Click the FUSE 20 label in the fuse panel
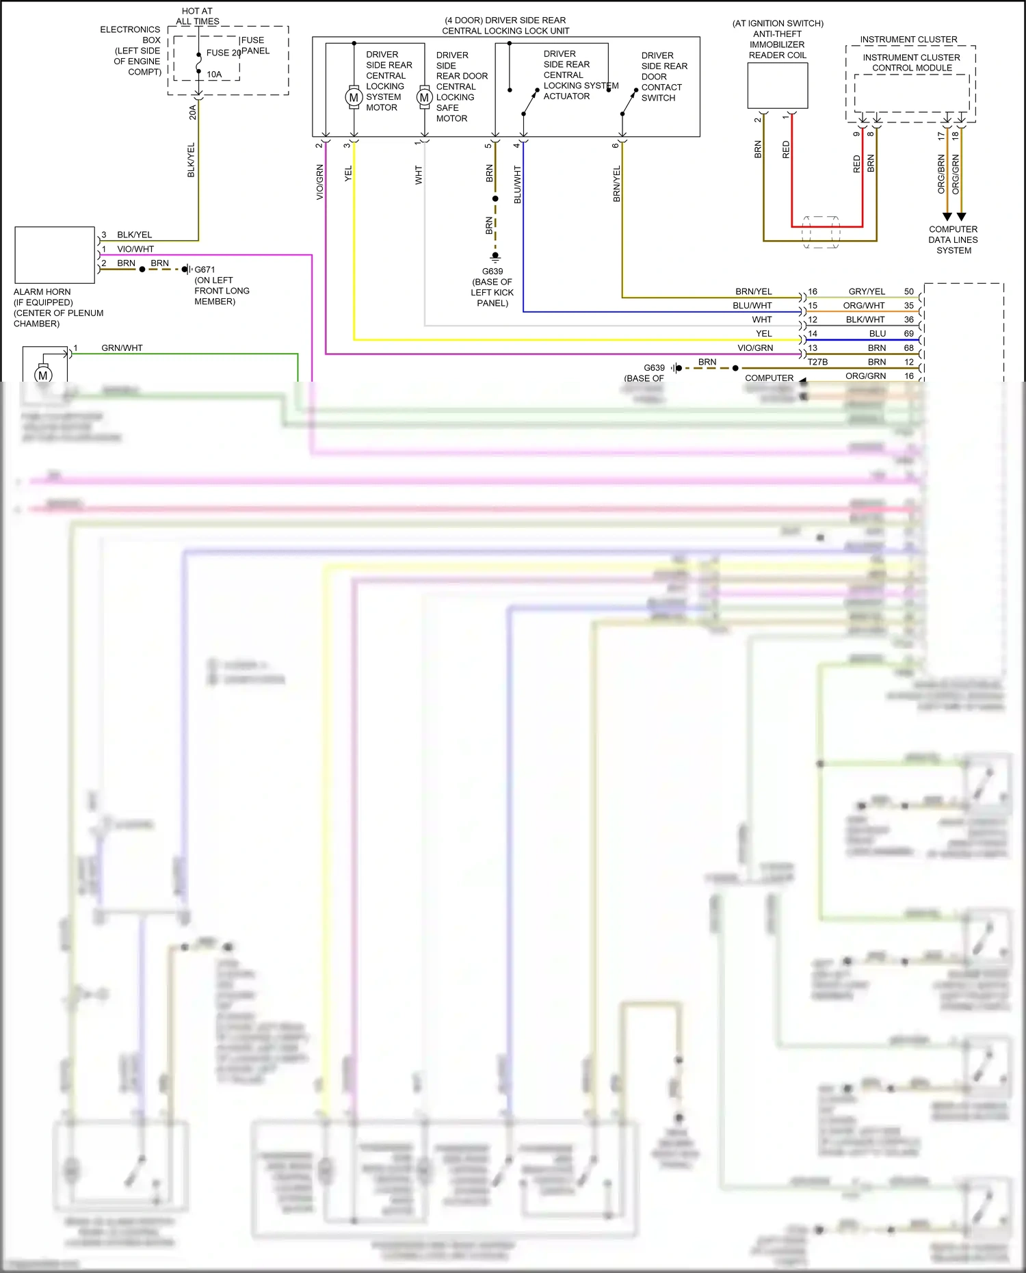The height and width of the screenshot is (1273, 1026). tap(223, 53)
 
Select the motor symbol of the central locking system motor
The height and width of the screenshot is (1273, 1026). tap(354, 97)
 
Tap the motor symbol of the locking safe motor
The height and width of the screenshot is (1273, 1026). tap(425, 97)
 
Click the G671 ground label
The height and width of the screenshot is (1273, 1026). tap(205, 270)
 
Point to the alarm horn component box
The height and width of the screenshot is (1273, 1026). tap(55, 255)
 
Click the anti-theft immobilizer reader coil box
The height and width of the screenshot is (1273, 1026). tap(778, 86)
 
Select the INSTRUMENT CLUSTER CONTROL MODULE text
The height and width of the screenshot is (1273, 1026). tap(911, 63)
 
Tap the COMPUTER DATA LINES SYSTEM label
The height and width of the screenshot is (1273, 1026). tap(953, 240)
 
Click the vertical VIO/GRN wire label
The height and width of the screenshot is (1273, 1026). tap(319, 182)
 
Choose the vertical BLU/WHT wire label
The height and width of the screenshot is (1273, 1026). tap(517, 185)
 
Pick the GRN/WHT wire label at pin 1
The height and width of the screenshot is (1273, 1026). tap(122, 347)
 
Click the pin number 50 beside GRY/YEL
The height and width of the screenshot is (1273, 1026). tap(908, 291)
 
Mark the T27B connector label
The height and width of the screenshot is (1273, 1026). tap(817, 362)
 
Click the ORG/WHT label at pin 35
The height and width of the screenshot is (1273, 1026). tap(863, 305)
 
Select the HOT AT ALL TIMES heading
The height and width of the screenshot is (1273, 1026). tap(197, 16)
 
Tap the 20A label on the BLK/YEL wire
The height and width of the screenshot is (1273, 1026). tap(193, 112)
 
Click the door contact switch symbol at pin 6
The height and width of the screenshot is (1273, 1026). tap(629, 103)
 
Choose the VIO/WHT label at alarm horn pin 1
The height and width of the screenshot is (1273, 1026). tap(135, 249)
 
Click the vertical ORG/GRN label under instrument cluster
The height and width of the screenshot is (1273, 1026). tap(956, 174)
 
